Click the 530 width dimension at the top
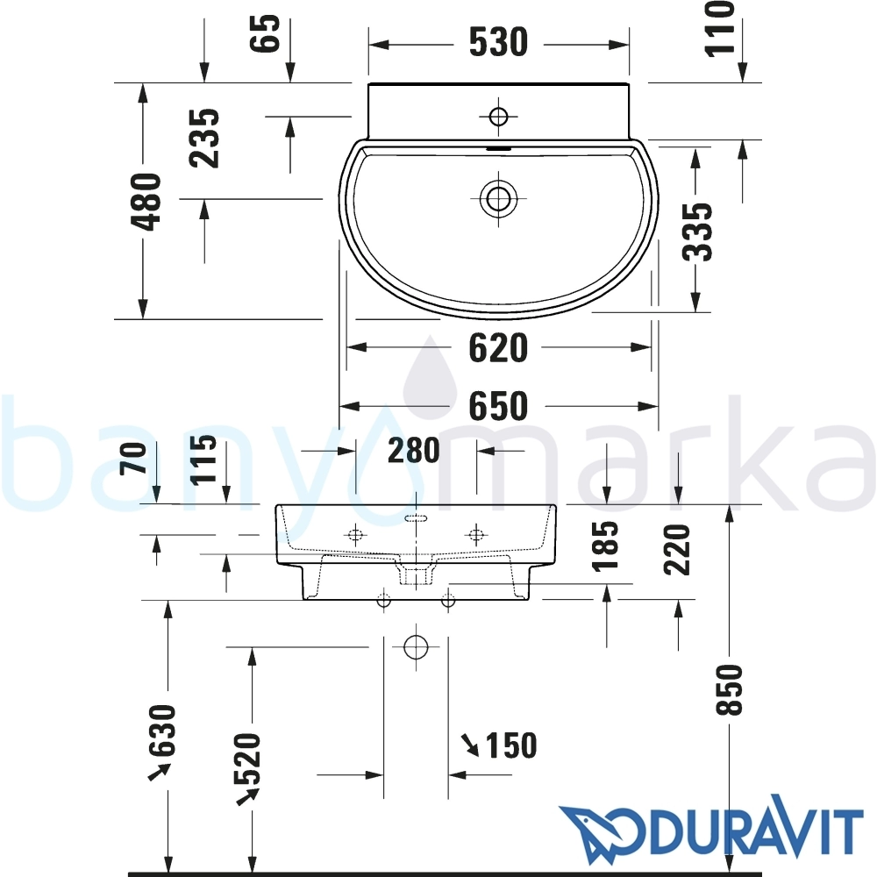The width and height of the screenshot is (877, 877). point(498,42)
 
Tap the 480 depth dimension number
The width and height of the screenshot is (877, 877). point(146,202)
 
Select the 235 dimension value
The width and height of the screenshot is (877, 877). point(204,139)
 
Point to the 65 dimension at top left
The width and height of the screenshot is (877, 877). point(265,33)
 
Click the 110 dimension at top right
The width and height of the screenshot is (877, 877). point(719,28)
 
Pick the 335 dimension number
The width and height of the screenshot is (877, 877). point(698,232)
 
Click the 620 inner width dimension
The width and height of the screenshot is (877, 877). point(498,348)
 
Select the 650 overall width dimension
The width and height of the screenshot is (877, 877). point(498,406)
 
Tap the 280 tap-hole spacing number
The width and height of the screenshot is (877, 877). point(414,450)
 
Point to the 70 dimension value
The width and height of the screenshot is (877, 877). point(134,458)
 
